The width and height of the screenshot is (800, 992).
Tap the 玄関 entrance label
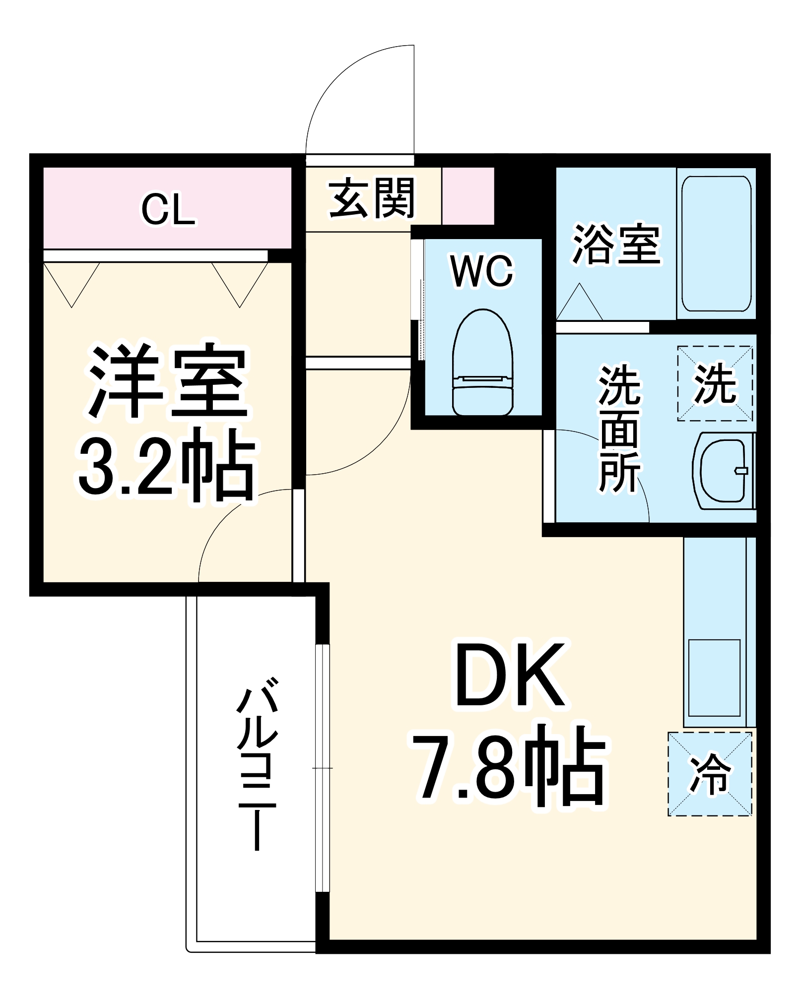[372, 198]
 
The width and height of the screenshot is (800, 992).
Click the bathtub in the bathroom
[716, 244]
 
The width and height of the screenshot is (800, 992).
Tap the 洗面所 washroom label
[620, 429]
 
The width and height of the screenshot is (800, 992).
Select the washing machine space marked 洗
[715, 383]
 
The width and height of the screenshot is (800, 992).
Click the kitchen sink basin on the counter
[714, 678]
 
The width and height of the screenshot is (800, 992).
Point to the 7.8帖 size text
[510, 766]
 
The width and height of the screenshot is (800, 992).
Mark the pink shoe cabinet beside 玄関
[468, 196]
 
